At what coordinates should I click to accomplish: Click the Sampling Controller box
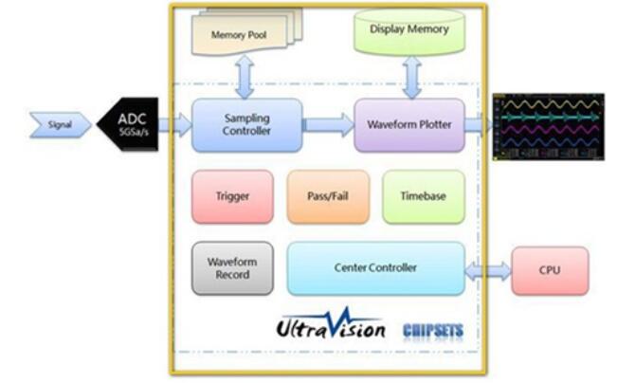pos(247,125)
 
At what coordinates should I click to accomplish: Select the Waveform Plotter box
pos(409,125)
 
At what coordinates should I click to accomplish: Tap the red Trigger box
pos(232,196)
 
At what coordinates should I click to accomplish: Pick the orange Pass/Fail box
pos(328,196)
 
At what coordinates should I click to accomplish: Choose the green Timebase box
pos(424,196)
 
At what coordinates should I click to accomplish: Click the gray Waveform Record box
pos(232,267)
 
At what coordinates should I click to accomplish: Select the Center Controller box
pos(375,267)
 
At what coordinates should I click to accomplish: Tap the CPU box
pos(550,270)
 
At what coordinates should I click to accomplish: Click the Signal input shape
pos(60,124)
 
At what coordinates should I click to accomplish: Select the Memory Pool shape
pos(242,34)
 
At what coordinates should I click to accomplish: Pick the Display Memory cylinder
pos(408,30)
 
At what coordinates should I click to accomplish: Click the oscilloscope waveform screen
pos(548,126)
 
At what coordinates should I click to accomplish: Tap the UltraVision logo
pos(330,326)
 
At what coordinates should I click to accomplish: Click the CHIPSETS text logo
pos(433,331)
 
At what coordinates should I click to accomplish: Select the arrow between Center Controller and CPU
pos(488,270)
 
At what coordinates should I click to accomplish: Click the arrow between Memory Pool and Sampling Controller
pos(245,76)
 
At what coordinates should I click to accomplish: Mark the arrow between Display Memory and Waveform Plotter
pos(411,76)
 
